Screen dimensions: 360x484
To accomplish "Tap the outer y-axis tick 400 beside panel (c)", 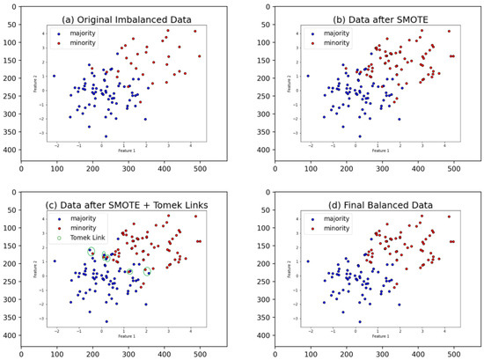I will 11,335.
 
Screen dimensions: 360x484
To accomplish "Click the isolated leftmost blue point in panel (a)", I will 54,76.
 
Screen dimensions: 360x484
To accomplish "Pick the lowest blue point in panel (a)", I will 106,136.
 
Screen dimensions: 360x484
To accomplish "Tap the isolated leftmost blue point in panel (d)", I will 307,261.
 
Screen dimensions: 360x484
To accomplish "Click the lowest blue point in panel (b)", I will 359,136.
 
